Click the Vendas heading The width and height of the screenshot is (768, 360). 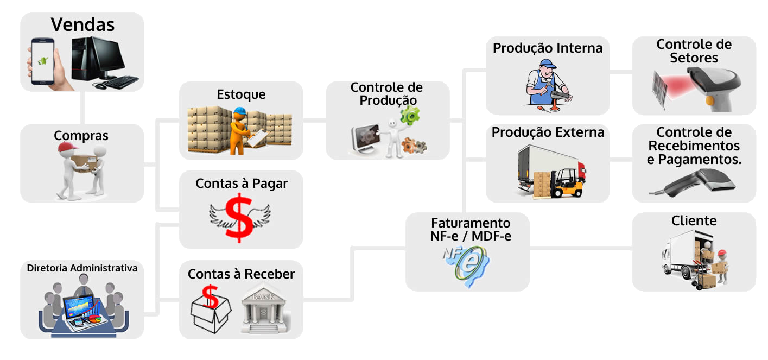click(x=82, y=24)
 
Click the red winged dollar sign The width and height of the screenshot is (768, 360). click(x=239, y=217)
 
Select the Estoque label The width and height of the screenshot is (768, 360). click(x=241, y=94)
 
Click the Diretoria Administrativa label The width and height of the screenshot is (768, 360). click(x=82, y=268)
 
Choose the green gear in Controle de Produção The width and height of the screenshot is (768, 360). click(x=409, y=115)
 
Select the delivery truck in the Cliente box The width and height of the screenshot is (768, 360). click(x=681, y=255)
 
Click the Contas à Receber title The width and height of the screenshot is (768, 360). click(x=241, y=274)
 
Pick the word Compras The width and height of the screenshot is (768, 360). click(x=81, y=135)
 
